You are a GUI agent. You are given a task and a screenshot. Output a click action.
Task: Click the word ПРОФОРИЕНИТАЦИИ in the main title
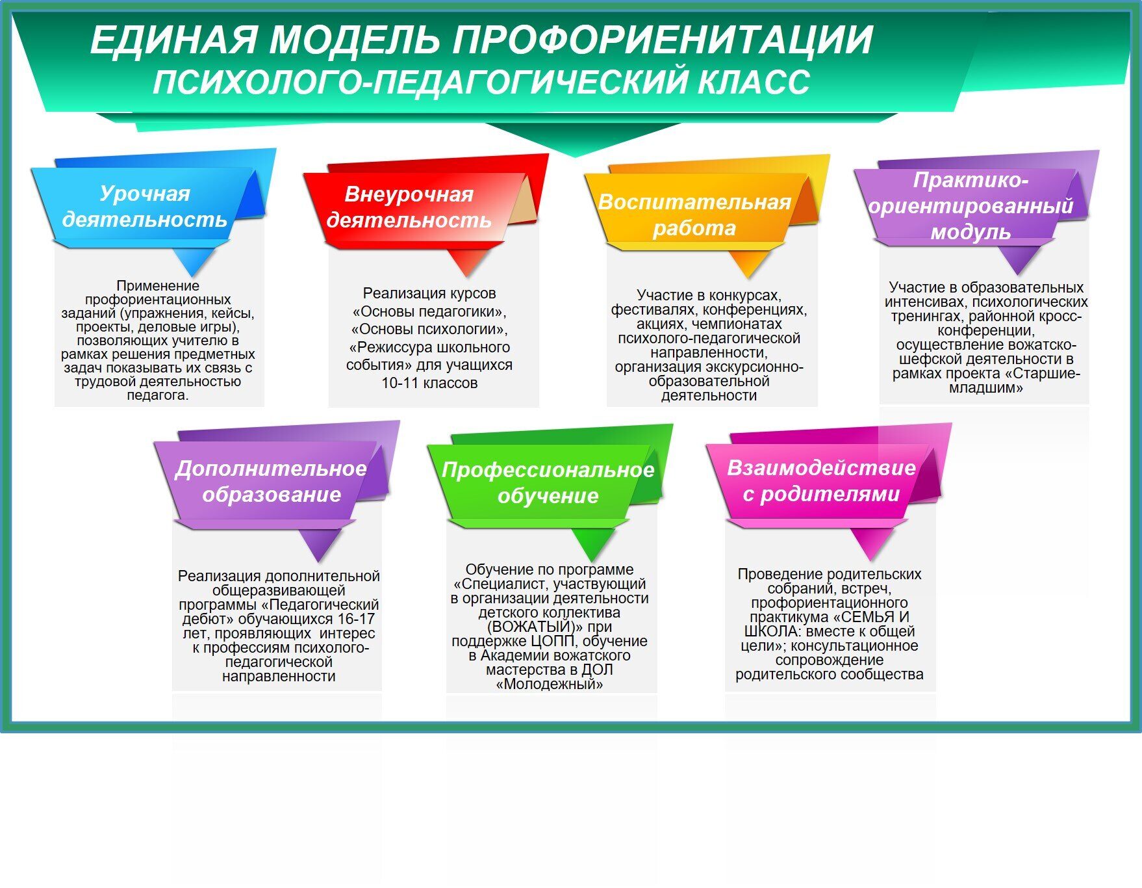coord(663,40)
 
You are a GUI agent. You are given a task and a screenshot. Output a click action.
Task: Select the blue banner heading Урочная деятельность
coord(144,206)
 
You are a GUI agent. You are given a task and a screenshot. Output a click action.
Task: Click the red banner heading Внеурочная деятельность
coord(409,207)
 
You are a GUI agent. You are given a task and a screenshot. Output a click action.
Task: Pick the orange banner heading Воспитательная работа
coord(694,215)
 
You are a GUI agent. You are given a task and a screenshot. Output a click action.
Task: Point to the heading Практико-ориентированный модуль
coord(971,205)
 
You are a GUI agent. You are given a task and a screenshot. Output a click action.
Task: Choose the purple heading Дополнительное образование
coord(271,481)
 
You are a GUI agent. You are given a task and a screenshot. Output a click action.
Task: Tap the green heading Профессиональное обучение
coord(548,482)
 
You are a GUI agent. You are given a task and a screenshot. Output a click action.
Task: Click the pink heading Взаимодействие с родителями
coord(821,480)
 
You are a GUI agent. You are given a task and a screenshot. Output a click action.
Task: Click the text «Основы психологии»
coord(429,329)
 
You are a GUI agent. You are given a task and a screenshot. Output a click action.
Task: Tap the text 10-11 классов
coord(429,383)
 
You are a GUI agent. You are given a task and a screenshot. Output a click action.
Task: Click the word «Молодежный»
coord(550,684)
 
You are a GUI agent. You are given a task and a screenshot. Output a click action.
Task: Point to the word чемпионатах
coord(737,324)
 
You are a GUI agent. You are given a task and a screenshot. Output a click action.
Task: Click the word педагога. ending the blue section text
coord(158,395)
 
